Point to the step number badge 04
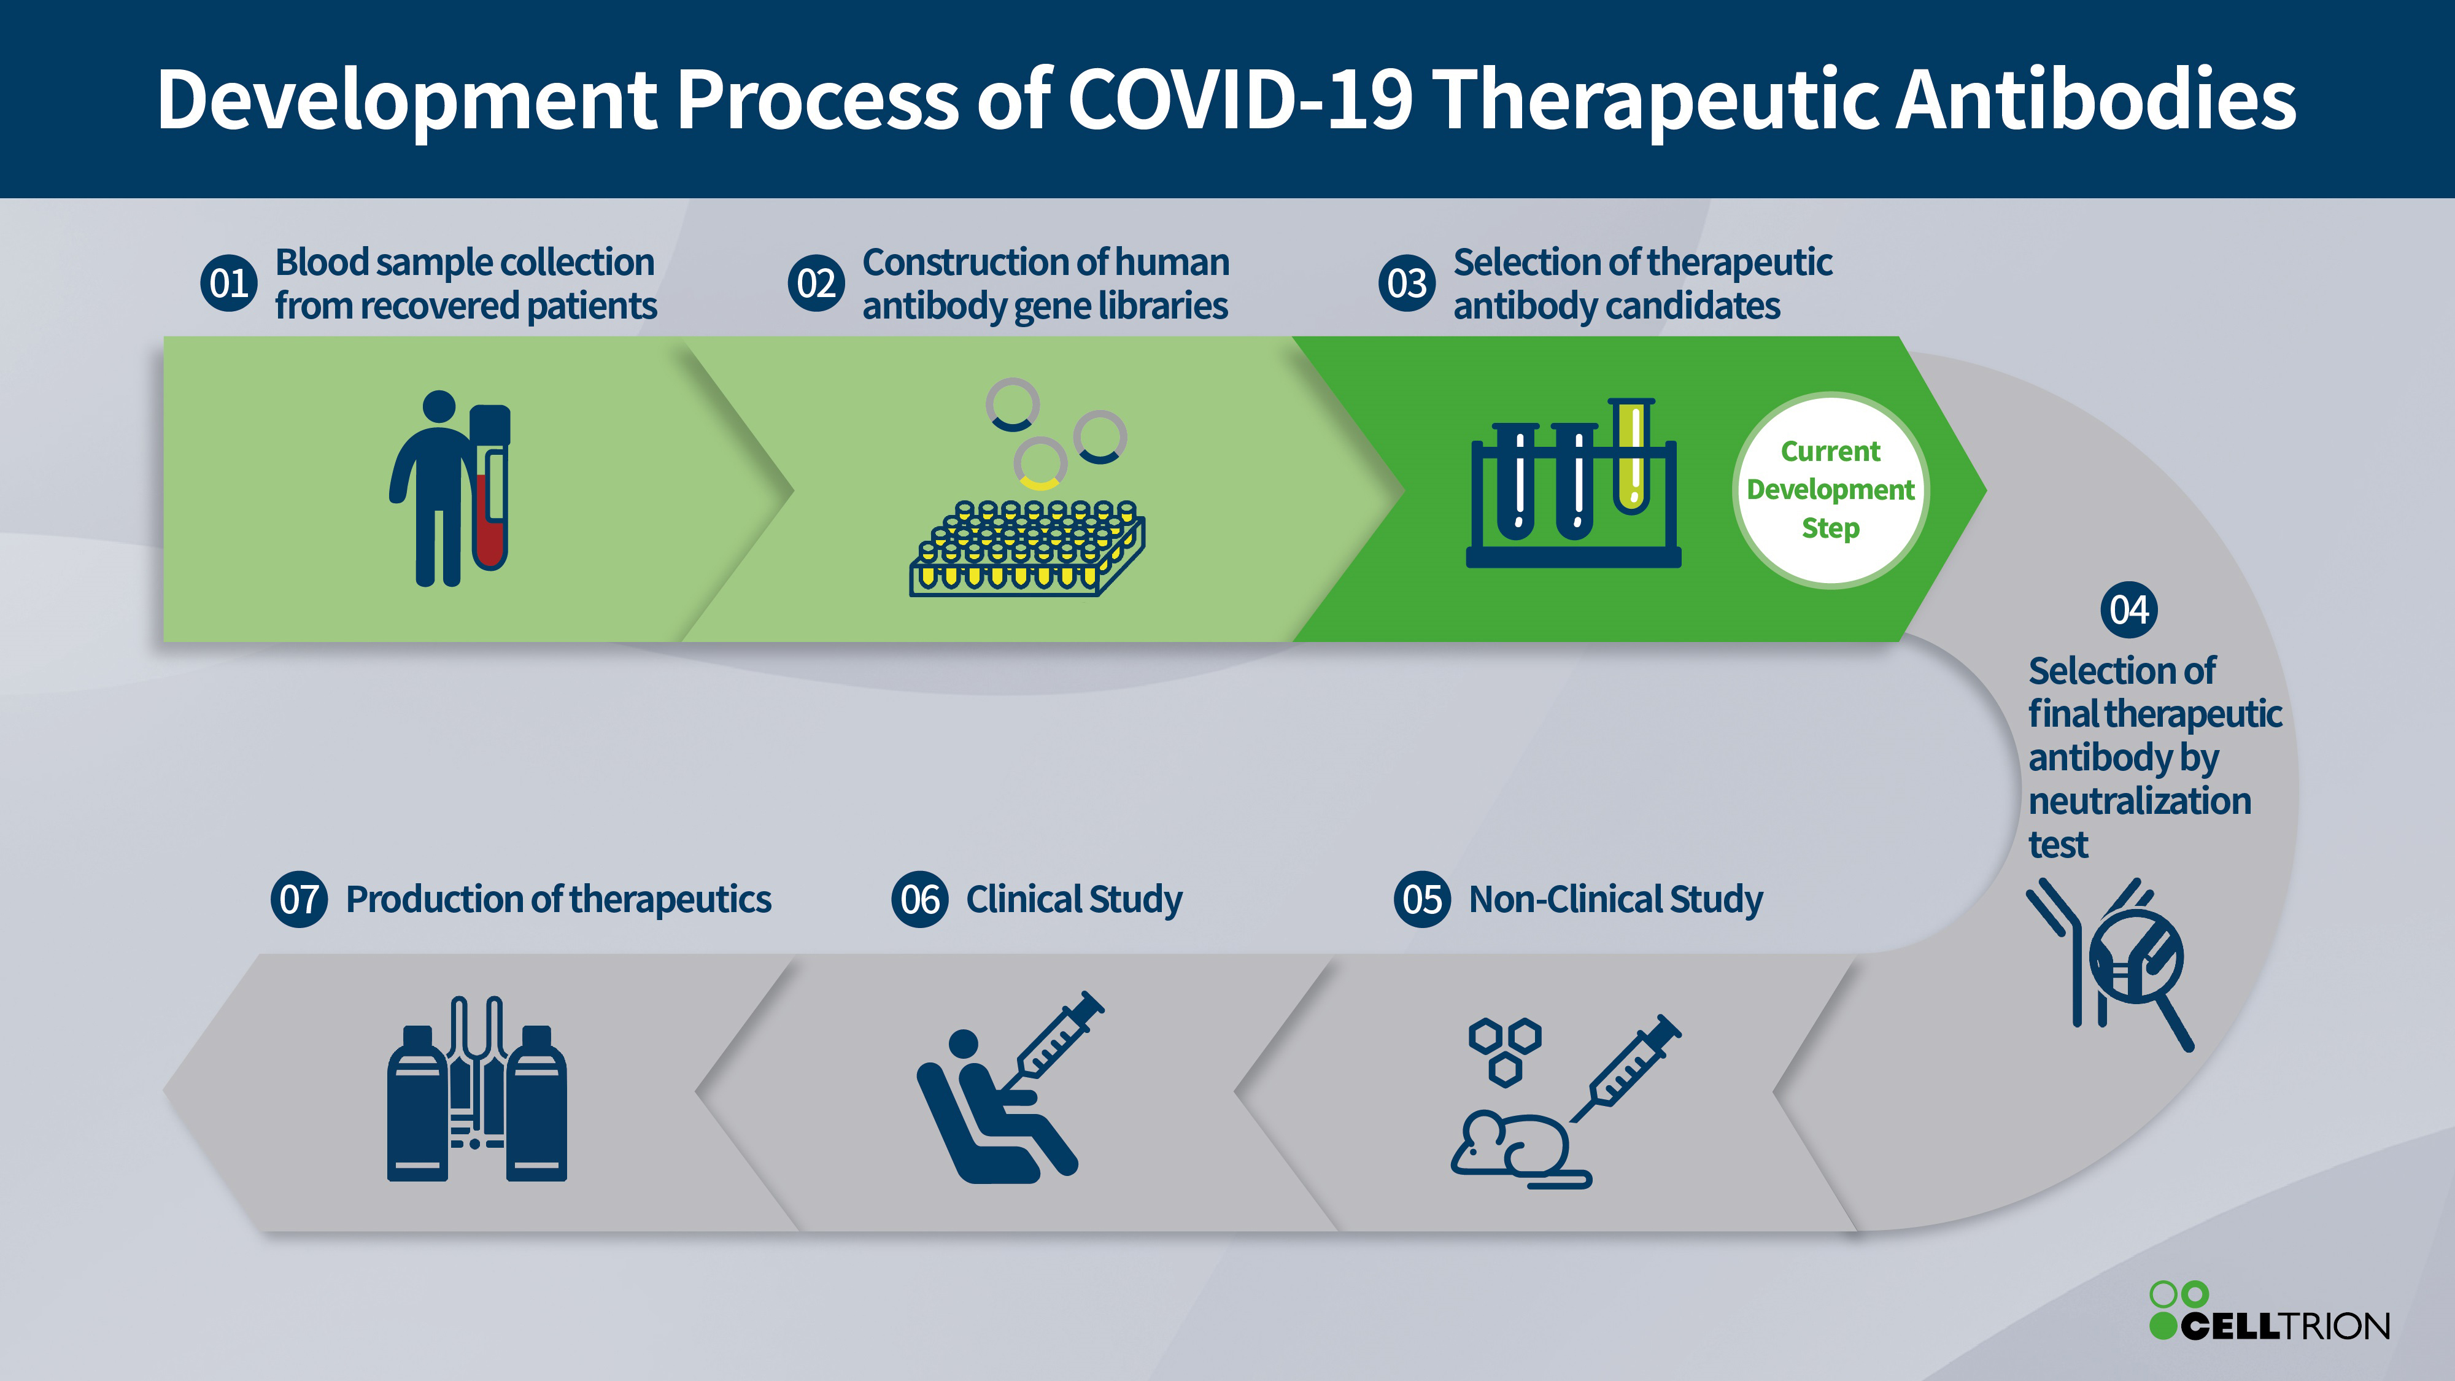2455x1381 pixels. (2129, 610)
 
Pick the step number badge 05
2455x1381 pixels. (1422, 899)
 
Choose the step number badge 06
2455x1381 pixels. (919, 899)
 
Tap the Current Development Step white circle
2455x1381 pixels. (1830, 490)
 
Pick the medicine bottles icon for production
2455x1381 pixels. (476, 1091)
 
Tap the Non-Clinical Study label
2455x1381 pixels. (1615, 899)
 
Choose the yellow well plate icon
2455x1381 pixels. (1027, 548)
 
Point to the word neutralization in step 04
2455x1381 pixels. (2140, 800)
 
